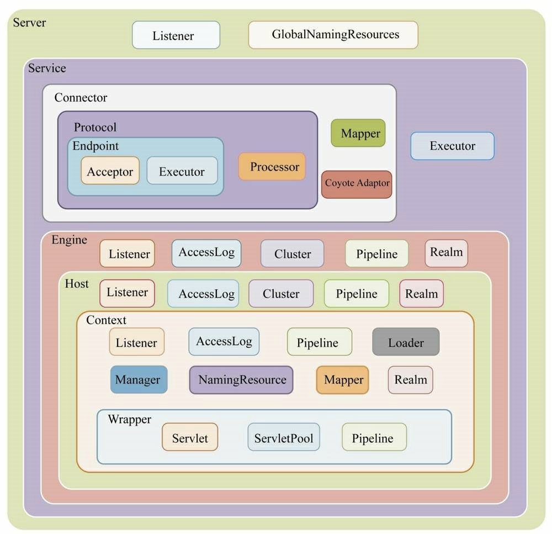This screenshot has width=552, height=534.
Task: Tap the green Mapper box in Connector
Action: click(x=358, y=133)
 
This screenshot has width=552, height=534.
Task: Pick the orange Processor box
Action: click(x=272, y=167)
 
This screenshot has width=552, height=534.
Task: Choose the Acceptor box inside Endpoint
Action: click(x=110, y=171)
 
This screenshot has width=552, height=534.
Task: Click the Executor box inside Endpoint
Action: click(x=182, y=171)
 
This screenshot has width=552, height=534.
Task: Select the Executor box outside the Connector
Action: click(x=452, y=146)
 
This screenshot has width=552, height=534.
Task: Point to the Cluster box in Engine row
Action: click(x=292, y=254)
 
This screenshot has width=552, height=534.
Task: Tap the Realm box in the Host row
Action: click(x=421, y=294)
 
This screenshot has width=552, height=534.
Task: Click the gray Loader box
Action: click(x=406, y=342)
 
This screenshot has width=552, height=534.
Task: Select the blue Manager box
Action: click(x=139, y=380)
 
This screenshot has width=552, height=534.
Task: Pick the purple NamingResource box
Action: click(x=241, y=380)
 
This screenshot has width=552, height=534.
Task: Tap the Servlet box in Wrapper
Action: click(x=190, y=438)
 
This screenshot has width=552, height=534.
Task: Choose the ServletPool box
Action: click(x=284, y=438)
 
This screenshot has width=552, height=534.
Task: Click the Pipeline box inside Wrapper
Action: click(x=374, y=438)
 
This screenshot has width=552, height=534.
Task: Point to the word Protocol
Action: click(x=95, y=127)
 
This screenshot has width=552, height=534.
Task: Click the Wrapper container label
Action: click(x=129, y=419)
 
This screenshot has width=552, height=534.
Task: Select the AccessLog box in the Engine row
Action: click(x=206, y=253)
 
